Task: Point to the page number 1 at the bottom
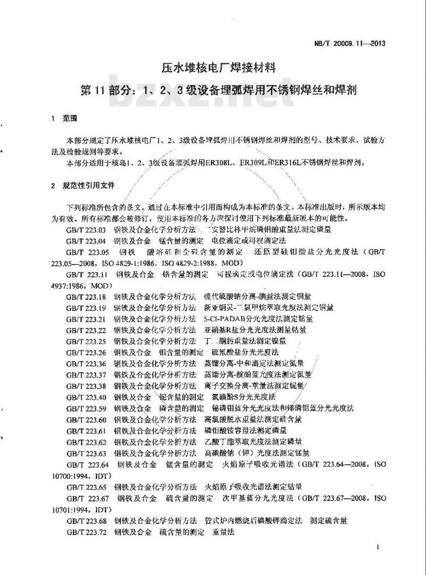click(377, 547)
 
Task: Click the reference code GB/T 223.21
click(87, 319)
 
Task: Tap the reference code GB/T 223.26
click(87, 352)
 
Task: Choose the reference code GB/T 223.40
click(87, 397)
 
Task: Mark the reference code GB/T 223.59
click(87, 408)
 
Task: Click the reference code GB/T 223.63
click(87, 453)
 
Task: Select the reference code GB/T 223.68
click(87, 520)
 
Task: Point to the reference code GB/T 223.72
click(87, 531)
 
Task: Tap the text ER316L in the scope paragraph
click(291, 162)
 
